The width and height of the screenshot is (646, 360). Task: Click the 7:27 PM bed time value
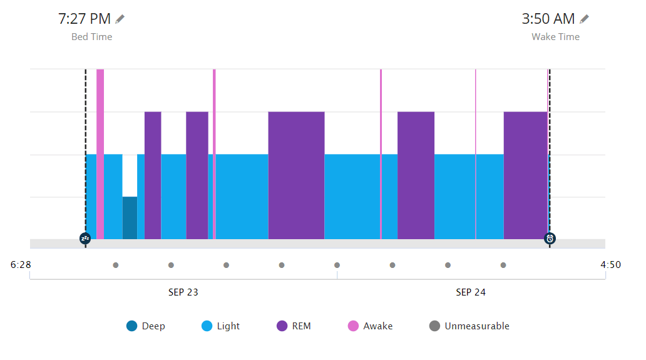(x=85, y=19)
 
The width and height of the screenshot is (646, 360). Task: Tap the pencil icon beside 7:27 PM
(x=120, y=19)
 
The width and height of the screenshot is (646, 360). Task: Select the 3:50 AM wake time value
(x=548, y=19)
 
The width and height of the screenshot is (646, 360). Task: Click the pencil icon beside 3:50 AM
(x=584, y=19)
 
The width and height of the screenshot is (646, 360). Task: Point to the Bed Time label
(x=91, y=37)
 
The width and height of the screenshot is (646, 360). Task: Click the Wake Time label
(x=555, y=37)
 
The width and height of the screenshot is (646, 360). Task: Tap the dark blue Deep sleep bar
(x=130, y=218)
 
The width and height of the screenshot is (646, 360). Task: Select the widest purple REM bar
(x=296, y=175)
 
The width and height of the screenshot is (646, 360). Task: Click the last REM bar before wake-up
(x=525, y=175)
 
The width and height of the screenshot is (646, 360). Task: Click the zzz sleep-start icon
(x=85, y=239)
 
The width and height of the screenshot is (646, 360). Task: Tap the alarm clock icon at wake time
(x=550, y=239)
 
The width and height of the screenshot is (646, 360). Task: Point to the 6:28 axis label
(x=21, y=265)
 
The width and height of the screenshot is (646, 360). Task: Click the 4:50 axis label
(x=610, y=265)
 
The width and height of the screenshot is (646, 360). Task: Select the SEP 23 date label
(x=183, y=292)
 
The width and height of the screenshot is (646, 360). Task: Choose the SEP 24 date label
(x=471, y=292)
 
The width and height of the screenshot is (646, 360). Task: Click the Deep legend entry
(x=146, y=326)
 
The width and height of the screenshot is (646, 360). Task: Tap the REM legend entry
(x=294, y=326)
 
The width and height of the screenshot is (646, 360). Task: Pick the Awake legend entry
(x=370, y=326)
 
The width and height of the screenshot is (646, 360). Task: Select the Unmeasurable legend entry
(x=469, y=326)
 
